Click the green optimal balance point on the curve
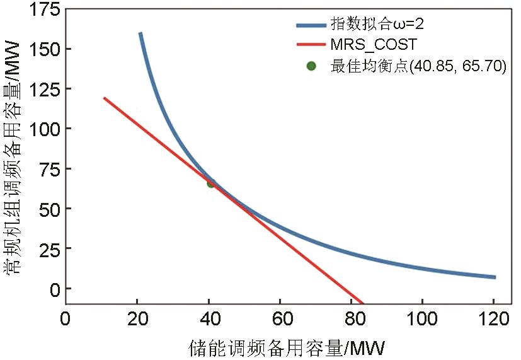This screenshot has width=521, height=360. [x=211, y=183]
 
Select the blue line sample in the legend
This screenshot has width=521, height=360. [x=311, y=25]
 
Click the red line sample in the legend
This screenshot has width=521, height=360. [x=311, y=45]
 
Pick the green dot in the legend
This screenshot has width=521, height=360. [x=311, y=66]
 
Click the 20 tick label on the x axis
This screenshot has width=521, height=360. [x=137, y=318]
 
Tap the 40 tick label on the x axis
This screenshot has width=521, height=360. [x=209, y=318]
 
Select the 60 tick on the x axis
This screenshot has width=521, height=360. [x=280, y=318]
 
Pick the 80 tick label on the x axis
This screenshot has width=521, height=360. [x=352, y=318]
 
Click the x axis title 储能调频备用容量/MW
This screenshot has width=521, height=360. [x=286, y=347]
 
